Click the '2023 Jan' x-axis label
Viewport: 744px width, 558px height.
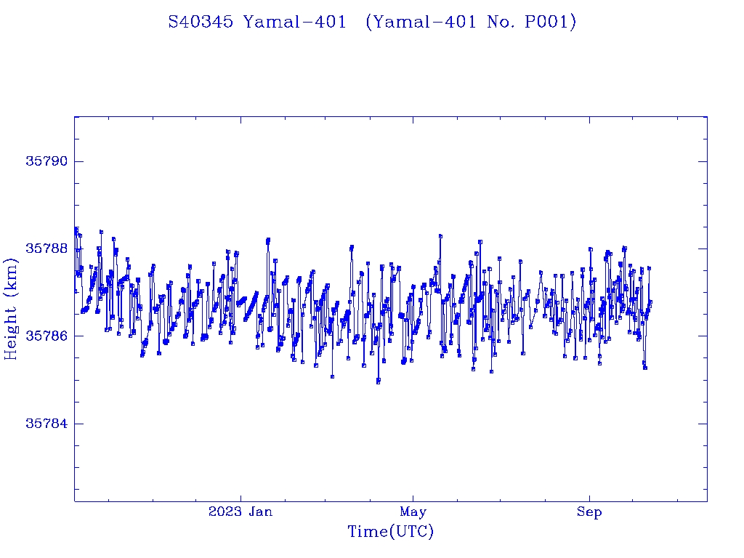240,511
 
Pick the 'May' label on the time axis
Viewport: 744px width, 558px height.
413,511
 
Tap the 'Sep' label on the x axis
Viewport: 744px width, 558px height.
589,511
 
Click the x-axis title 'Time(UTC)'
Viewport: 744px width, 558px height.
391,532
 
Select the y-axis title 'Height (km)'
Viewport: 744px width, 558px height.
12,309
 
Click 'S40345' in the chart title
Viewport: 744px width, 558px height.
201,23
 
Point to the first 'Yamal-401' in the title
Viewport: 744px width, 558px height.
295,23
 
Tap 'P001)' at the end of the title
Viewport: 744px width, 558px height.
554,23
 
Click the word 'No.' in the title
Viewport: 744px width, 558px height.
506,23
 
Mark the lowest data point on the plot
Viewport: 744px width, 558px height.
378,381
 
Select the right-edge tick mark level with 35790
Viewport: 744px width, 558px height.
703,161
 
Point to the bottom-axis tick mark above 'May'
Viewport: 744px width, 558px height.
413,497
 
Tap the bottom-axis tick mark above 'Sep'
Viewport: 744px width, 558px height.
589,497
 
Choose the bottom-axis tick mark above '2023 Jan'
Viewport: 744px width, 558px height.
240,497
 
